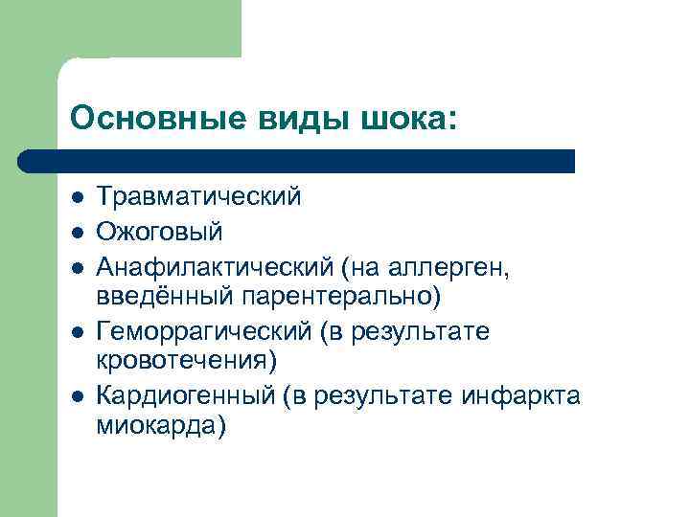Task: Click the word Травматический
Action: click(198, 197)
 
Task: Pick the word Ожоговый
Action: click(159, 232)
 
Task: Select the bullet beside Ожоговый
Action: click(76, 233)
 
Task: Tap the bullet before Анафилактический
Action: click(76, 266)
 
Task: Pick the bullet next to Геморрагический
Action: click(76, 332)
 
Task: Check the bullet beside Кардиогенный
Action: click(76, 396)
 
